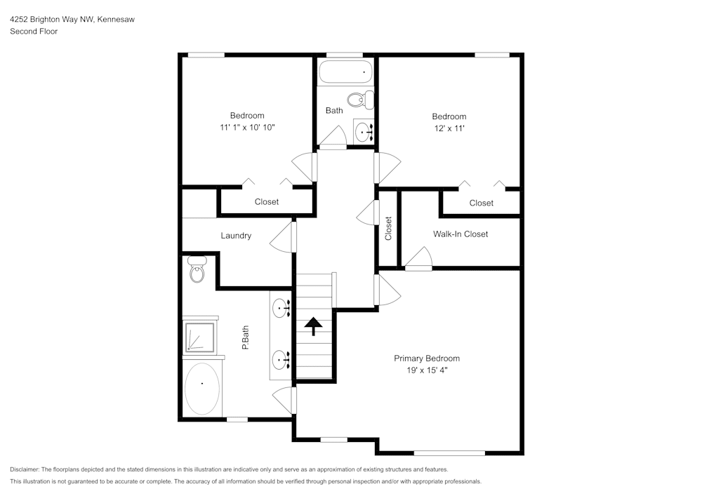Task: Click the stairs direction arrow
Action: coord(312,325)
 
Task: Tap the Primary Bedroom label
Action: coord(426,358)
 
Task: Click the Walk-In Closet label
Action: coord(460,234)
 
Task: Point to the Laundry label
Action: coord(236,236)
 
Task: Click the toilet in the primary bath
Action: coord(197,270)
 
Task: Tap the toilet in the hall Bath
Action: coord(364,100)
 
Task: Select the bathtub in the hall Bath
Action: coord(345,72)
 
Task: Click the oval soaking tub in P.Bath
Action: coord(202,388)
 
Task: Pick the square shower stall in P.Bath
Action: coord(201,337)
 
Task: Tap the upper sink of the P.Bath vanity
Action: coord(282,306)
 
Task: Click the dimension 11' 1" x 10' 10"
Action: coord(247,128)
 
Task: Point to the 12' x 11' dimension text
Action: coord(449,128)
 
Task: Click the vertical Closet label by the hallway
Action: coord(388,228)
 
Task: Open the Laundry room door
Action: coord(282,237)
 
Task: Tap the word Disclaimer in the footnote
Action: coord(25,469)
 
